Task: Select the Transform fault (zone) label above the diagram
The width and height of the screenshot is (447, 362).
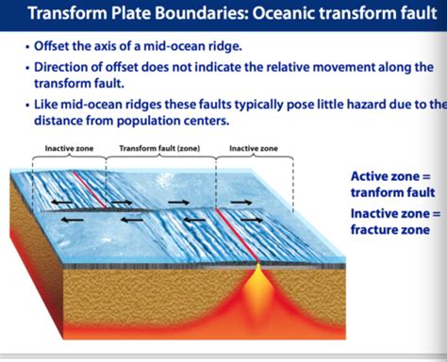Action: point(158,149)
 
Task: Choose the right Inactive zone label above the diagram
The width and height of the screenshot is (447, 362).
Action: point(253,149)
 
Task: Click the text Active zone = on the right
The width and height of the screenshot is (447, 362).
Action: point(389,176)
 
